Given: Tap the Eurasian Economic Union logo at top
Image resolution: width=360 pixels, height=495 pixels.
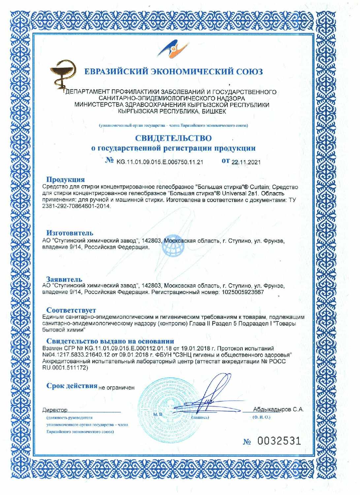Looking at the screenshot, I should [x=173, y=49].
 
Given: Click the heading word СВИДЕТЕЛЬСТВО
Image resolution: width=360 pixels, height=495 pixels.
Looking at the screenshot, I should [x=173, y=138].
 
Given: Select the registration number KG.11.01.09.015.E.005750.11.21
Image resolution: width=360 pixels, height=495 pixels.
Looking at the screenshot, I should [x=160, y=162].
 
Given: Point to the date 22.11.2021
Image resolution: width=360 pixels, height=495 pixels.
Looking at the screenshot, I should [x=246, y=162].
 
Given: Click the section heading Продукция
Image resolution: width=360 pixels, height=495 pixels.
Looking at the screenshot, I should [x=65, y=180].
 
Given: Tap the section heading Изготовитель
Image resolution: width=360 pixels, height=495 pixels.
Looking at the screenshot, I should [x=70, y=233].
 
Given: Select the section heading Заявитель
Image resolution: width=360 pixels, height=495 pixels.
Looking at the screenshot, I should [x=64, y=279].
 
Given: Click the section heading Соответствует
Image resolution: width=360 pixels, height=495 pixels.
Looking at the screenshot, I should [x=71, y=310].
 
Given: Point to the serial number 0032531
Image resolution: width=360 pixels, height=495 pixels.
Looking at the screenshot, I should [x=279, y=441].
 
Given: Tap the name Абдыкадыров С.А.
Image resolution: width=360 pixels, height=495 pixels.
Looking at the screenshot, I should [x=278, y=410].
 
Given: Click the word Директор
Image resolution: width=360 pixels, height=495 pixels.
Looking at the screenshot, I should [x=55, y=410].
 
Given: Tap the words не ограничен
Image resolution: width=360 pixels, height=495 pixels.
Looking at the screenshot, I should [x=116, y=388].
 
